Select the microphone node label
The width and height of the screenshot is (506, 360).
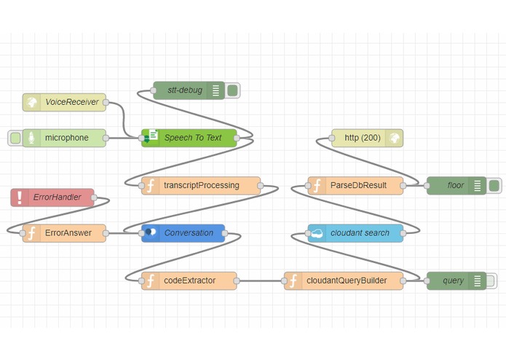[x=67, y=138]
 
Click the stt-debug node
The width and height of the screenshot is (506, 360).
[x=186, y=90]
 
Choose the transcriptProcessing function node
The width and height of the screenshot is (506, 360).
[x=201, y=185]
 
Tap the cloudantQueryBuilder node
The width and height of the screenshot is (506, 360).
[x=345, y=281]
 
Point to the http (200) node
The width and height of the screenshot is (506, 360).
[x=361, y=138]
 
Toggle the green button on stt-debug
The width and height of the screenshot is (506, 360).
[x=232, y=90]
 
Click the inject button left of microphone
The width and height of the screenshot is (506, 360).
[x=15, y=138]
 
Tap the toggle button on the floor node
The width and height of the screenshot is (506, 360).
[x=493, y=185]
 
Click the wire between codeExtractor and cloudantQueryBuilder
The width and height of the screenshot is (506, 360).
[x=260, y=281]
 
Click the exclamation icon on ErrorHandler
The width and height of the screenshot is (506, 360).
[x=20, y=197]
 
